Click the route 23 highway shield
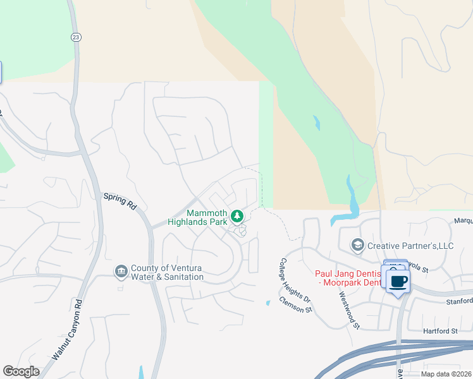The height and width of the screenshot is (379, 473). (75, 37)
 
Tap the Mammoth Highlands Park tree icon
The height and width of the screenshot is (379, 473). (237, 217)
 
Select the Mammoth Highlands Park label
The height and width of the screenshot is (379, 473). (197, 217)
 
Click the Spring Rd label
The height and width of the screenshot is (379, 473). (120, 201)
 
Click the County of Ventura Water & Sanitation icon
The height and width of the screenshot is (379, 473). (121, 272)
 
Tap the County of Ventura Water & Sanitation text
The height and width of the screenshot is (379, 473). (167, 272)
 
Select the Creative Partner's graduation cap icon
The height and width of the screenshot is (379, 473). (357, 244)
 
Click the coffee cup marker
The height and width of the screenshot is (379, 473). (398, 281)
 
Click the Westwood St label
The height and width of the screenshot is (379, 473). (349, 310)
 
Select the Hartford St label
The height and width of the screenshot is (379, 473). (441, 331)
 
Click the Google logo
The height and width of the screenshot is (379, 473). (21, 371)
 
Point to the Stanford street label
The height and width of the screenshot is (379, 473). (458, 301)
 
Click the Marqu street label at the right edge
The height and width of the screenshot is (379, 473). (463, 221)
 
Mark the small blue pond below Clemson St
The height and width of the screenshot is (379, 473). (268, 303)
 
